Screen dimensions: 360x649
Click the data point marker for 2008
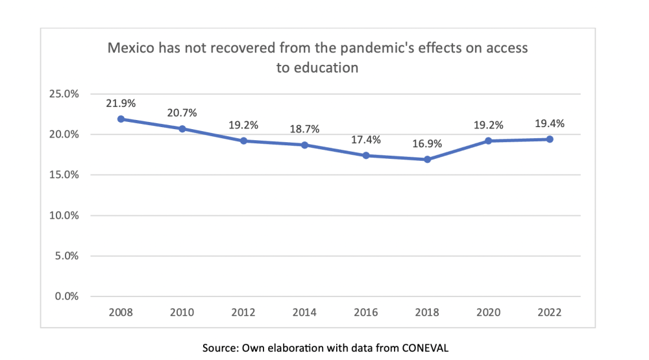pos(121,119)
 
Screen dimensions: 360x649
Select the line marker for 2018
pos(427,160)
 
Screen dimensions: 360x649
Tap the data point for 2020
pos(488,141)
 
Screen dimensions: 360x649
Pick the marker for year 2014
pos(304,145)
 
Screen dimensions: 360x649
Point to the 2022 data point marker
pos(549,139)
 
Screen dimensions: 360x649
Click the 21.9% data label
pos(121,102)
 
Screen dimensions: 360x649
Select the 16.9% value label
pos(427,143)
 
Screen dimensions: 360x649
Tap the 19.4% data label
pos(549,123)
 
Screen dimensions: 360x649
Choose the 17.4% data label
pos(366,139)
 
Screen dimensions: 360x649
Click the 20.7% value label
pos(182,112)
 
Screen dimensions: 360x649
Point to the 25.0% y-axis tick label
pos(64,94)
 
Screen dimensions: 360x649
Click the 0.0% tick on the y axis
pos(67,296)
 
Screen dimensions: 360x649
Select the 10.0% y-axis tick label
pos(64,215)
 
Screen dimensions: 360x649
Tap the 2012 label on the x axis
pos(243,312)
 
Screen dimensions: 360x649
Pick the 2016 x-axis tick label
pos(366,312)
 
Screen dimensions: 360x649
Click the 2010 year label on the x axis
pos(182,312)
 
